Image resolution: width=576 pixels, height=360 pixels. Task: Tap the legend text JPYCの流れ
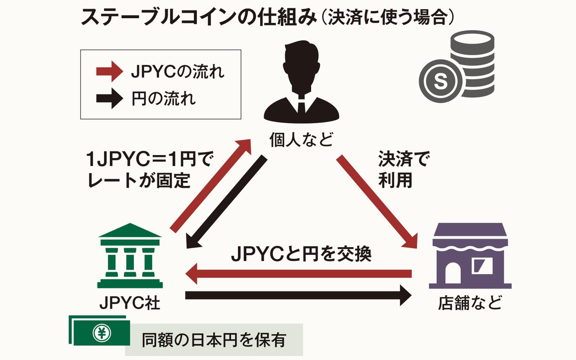coord(177,73)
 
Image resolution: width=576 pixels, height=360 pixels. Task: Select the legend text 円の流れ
coord(163,100)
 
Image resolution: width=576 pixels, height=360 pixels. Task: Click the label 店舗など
coord(470,303)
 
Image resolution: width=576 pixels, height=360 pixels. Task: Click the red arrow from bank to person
coord(211,185)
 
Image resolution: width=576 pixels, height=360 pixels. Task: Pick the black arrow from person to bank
coord(226,202)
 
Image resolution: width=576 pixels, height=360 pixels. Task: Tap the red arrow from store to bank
coord(298,275)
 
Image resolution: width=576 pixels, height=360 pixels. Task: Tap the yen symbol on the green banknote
coord(101,332)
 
